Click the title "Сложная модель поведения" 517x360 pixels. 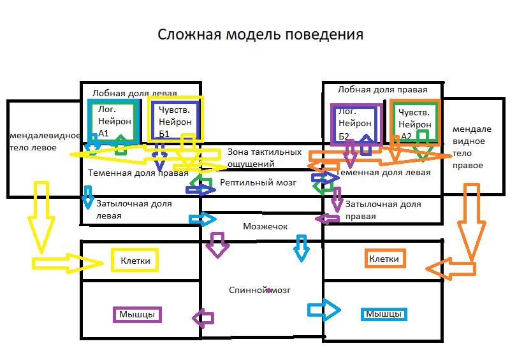260,34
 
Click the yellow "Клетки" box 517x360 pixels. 135,260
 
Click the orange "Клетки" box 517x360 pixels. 384,259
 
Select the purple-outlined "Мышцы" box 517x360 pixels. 137,314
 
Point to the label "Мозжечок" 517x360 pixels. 265,226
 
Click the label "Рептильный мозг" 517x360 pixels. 258,182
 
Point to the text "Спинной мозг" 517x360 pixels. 259,290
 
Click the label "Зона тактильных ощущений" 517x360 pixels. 264,158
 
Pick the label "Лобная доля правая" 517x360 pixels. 382,90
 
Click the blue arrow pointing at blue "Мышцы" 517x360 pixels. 324,310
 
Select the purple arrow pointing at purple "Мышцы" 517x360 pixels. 203,317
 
